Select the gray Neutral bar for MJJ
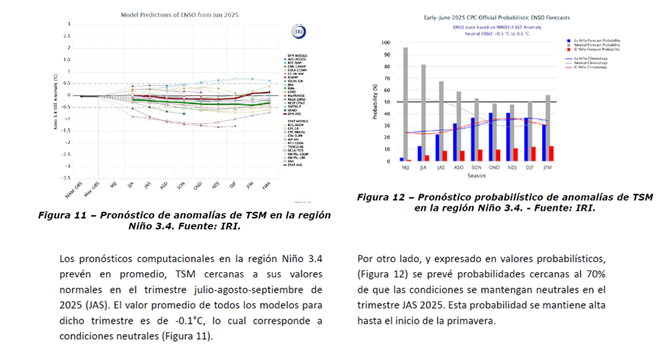(x=406, y=104)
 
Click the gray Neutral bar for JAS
(x=441, y=121)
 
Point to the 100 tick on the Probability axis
(x=386, y=43)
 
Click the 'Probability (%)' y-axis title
(x=375, y=103)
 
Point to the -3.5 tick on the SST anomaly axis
(x=67, y=178)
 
